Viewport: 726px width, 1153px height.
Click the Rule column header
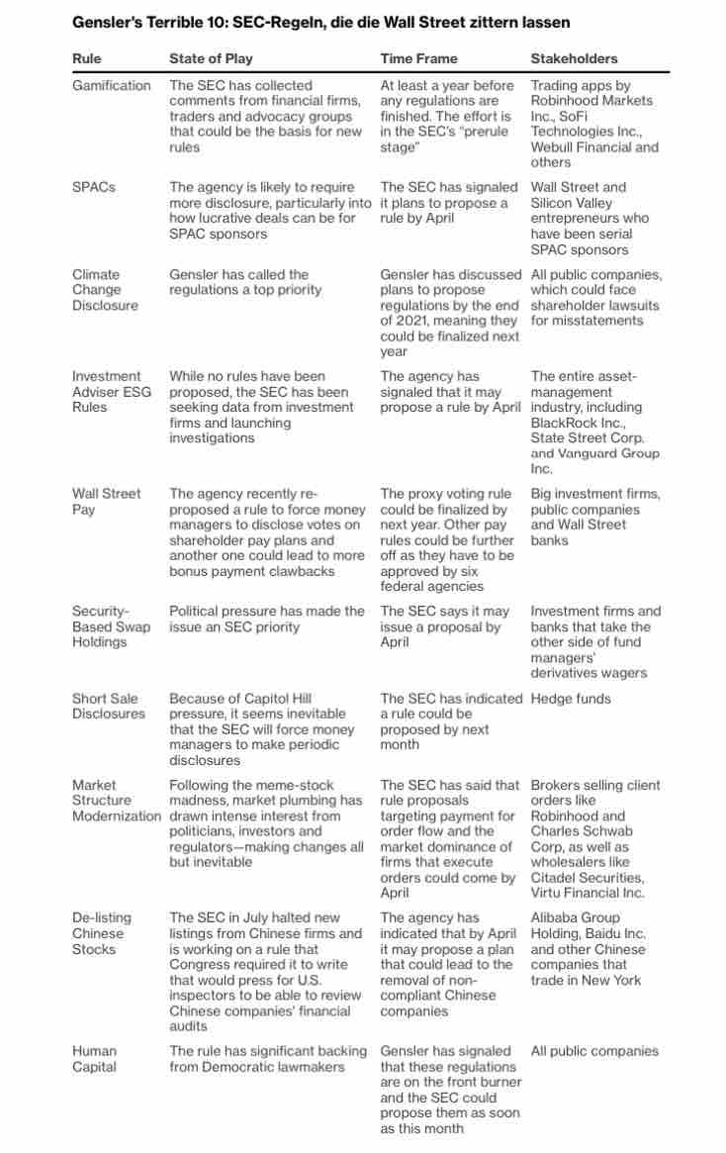[87, 58]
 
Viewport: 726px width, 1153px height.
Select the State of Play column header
[210, 58]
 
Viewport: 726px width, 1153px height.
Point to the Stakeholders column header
[574, 58]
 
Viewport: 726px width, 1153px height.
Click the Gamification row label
[111, 85]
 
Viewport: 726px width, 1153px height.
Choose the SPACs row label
[93, 187]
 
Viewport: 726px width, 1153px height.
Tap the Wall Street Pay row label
[106, 501]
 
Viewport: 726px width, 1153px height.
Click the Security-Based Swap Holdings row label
[111, 626]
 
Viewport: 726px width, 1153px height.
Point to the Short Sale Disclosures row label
[109, 706]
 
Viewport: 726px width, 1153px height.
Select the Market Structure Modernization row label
[116, 801]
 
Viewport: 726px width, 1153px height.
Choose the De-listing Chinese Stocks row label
[100, 933]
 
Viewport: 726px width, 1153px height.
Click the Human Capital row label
[94, 1059]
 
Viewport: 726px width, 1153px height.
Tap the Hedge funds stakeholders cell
[571, 699]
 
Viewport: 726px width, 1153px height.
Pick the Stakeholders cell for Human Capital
[594, 1051]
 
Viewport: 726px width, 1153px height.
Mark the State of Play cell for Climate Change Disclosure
[245, 282]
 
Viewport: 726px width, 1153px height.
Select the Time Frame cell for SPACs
[449, 203]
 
